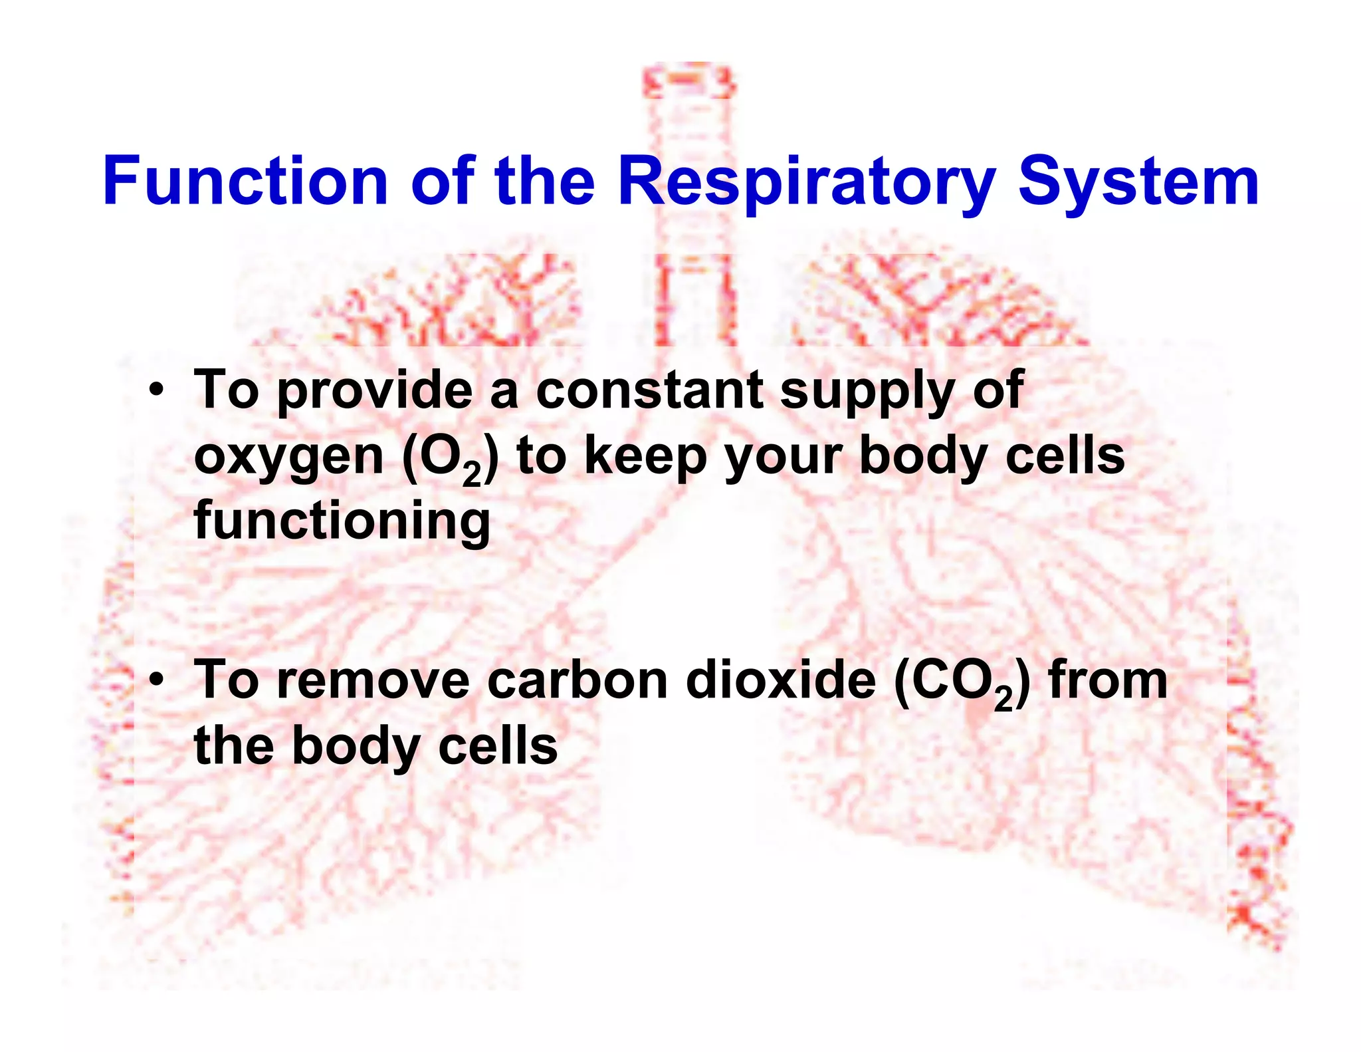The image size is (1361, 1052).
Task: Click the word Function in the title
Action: point(245,181)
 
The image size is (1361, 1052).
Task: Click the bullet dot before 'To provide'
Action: point(156,390)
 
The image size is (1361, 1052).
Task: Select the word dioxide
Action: point(781,681)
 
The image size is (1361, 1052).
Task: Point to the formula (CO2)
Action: point(962,683)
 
